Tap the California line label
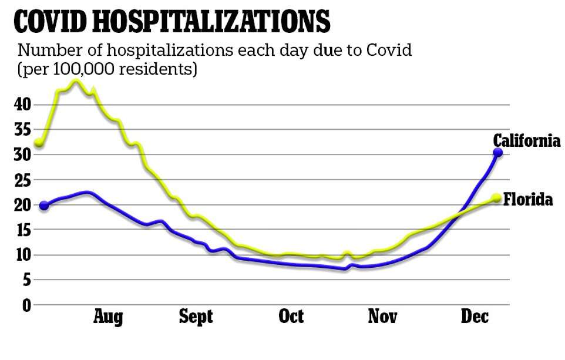tap(526, 141)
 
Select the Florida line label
tap(529, 200)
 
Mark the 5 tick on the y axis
tap(26, 280)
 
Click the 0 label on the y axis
tap(26, 305)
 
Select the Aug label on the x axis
tap(108, 317)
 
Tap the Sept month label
tap(196, 317)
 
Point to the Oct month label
tap(291, 317)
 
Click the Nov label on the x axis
tap(382, 317)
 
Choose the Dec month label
tap(475, 317)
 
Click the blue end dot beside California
tap(497, 153)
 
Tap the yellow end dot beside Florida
tap(496, 198)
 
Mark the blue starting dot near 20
tap(43, 206)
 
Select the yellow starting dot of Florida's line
tap(39, 142)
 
